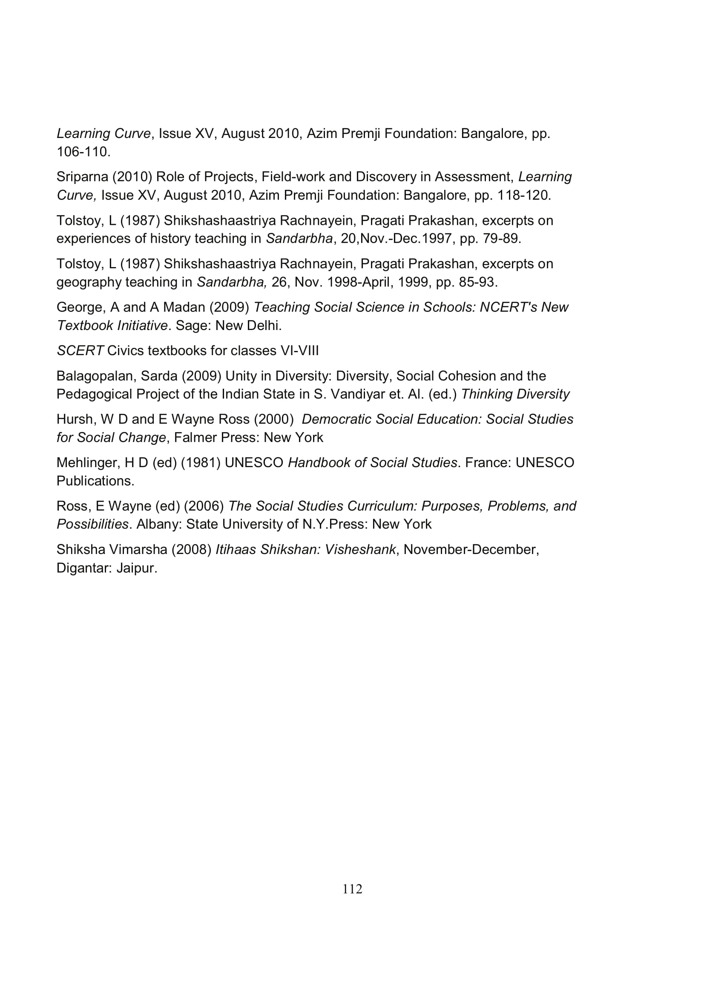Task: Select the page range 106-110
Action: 83,152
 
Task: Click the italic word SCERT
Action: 80,350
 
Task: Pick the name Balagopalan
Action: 95,376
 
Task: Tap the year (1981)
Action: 201,462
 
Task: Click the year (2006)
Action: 204,506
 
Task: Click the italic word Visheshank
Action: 360,549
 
